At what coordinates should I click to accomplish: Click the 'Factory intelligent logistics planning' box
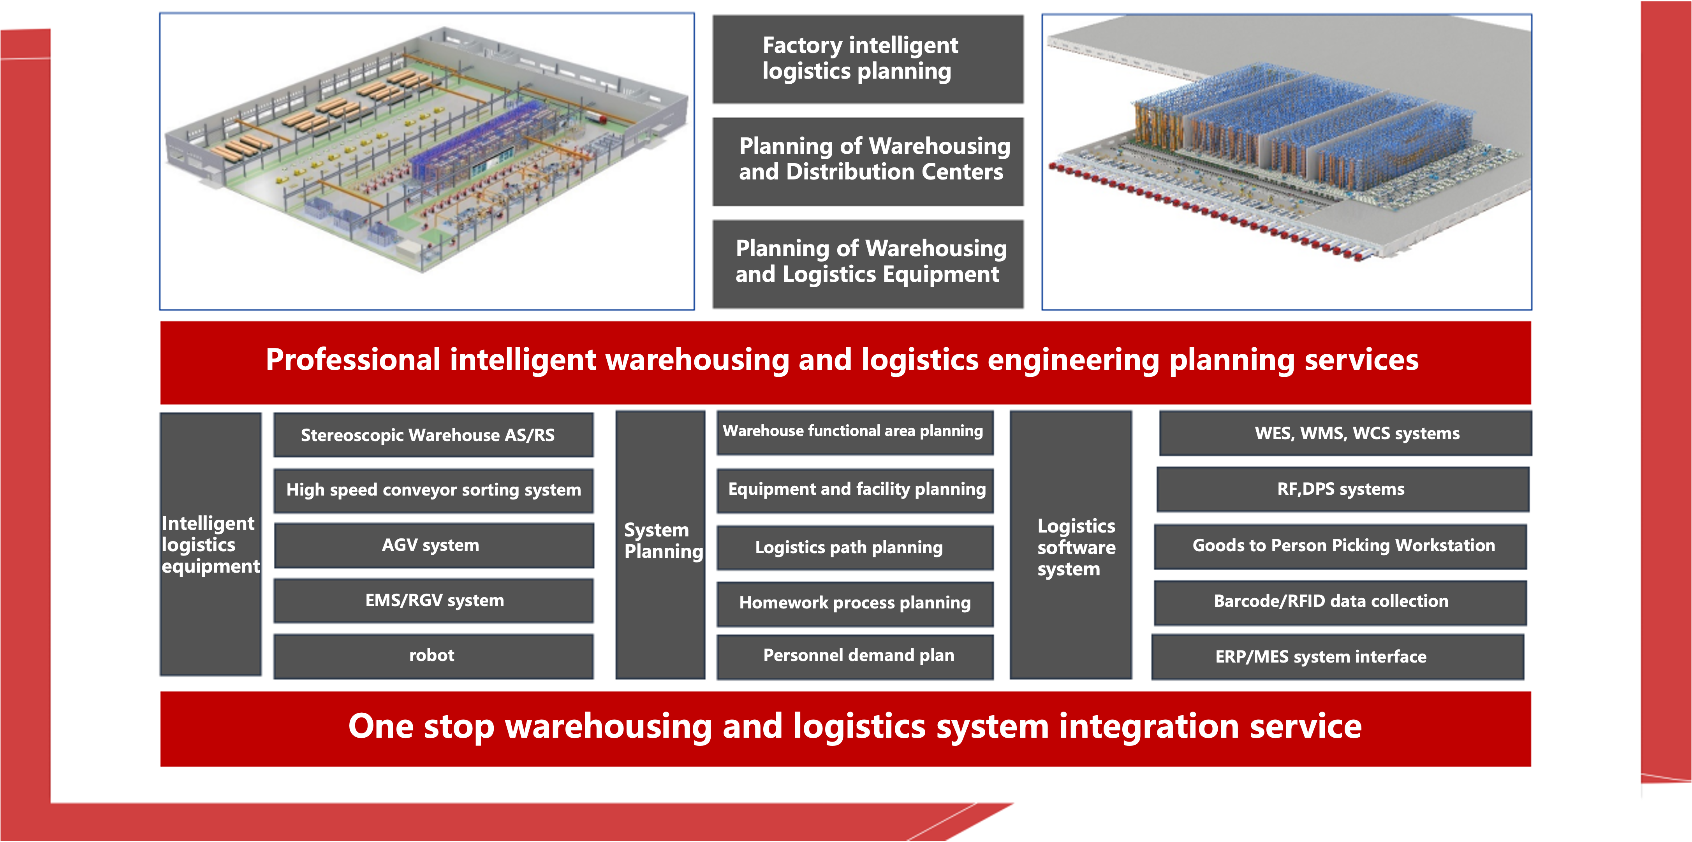coord(868,59)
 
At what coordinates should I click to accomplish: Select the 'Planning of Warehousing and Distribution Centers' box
coord(868,162)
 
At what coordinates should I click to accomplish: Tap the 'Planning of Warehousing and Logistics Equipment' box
coord(868,264)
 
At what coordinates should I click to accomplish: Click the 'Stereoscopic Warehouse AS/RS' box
coord(433,435)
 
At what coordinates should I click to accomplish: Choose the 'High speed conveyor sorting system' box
coord(433,490)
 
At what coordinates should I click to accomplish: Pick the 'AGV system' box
coord(433,545)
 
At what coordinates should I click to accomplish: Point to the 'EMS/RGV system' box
coord(433,600)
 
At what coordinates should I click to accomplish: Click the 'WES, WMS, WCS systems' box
coord(1345,433)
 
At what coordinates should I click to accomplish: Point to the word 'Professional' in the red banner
coord(353,360)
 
